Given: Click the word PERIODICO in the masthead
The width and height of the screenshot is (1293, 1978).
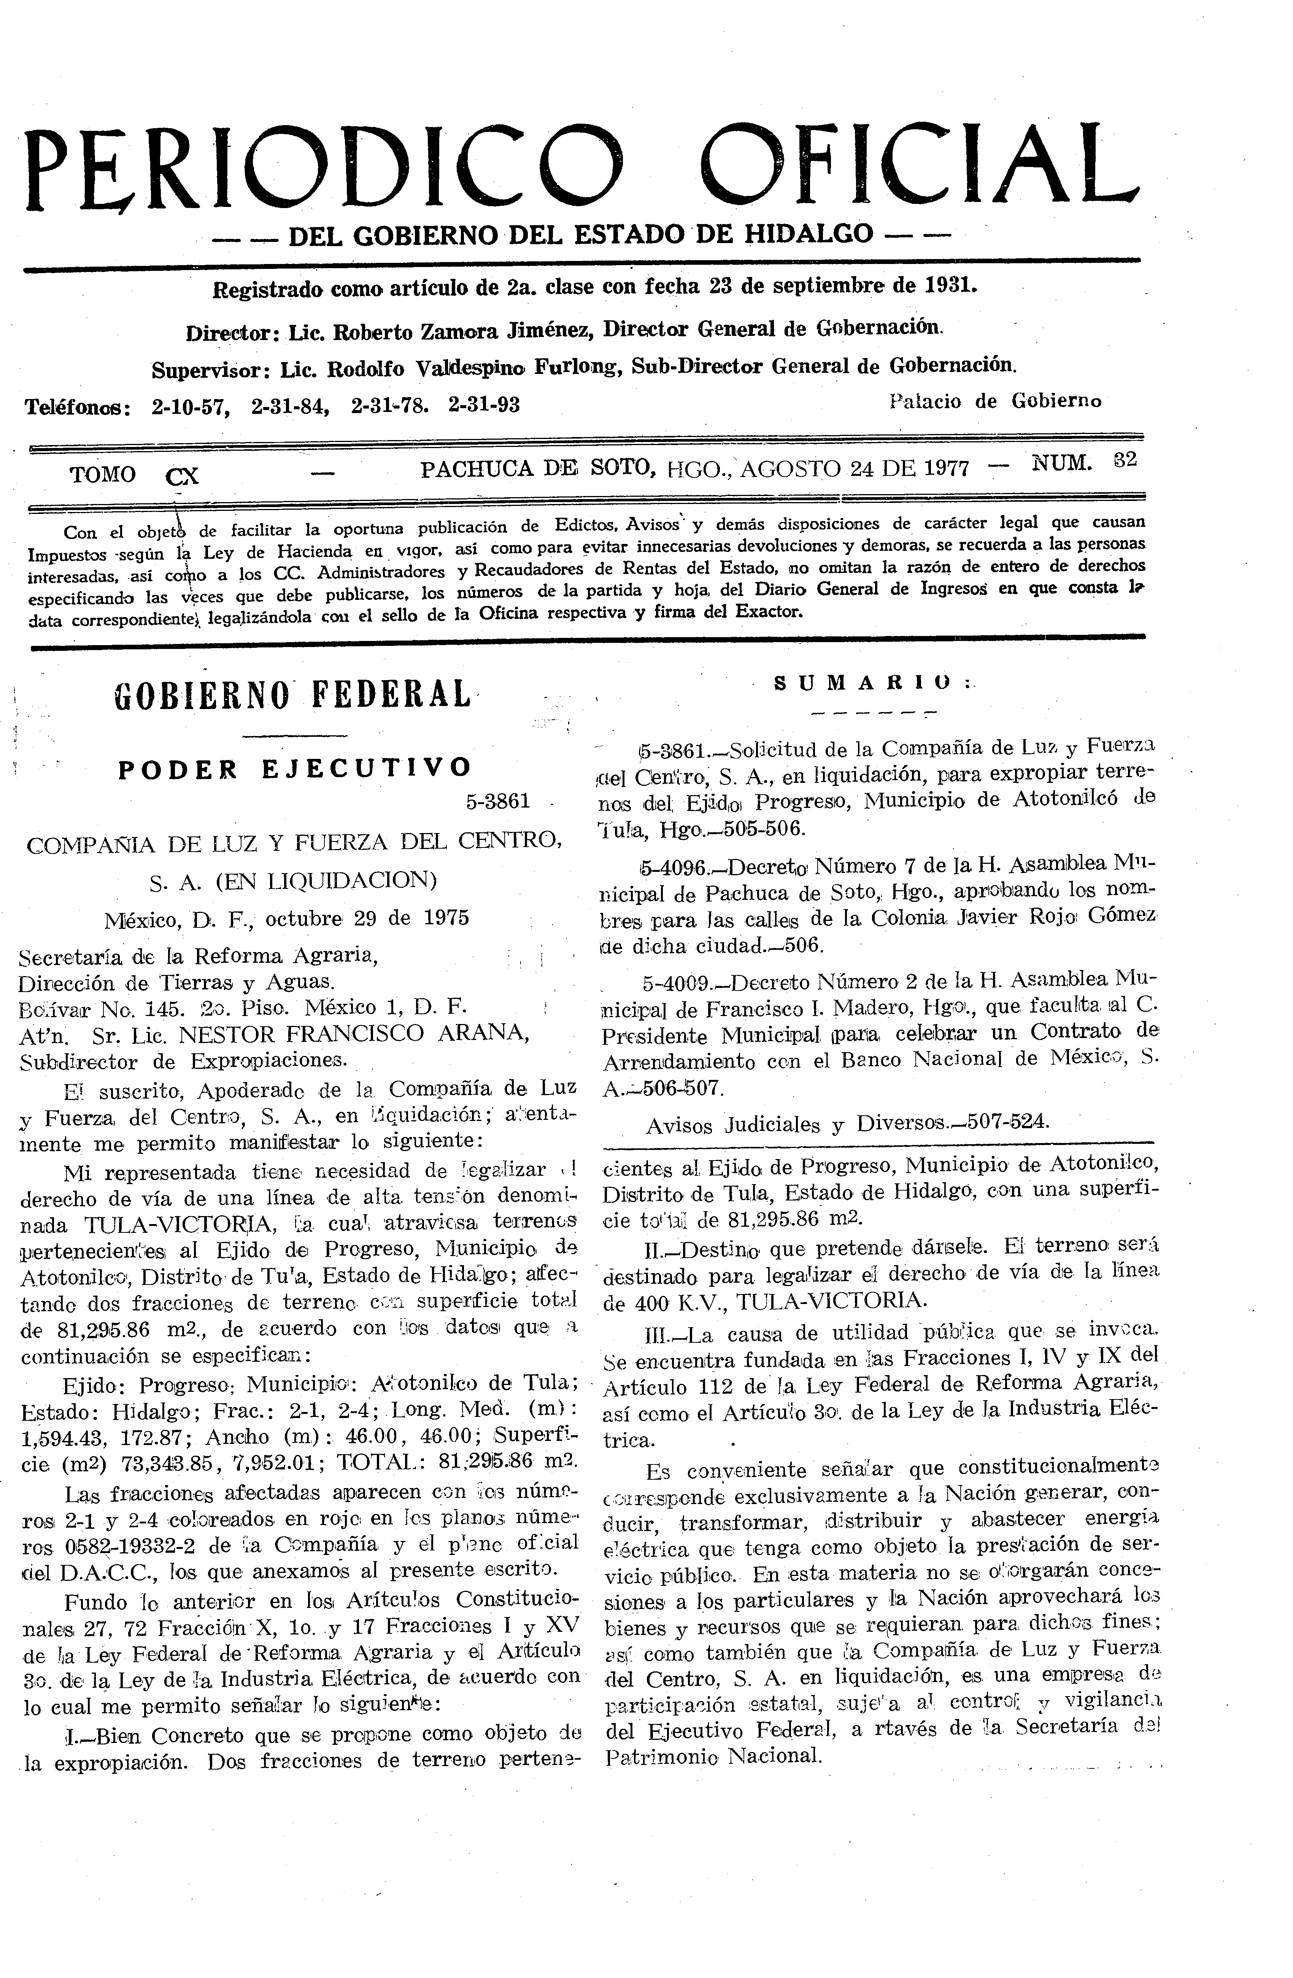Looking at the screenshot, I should point(324,169).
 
